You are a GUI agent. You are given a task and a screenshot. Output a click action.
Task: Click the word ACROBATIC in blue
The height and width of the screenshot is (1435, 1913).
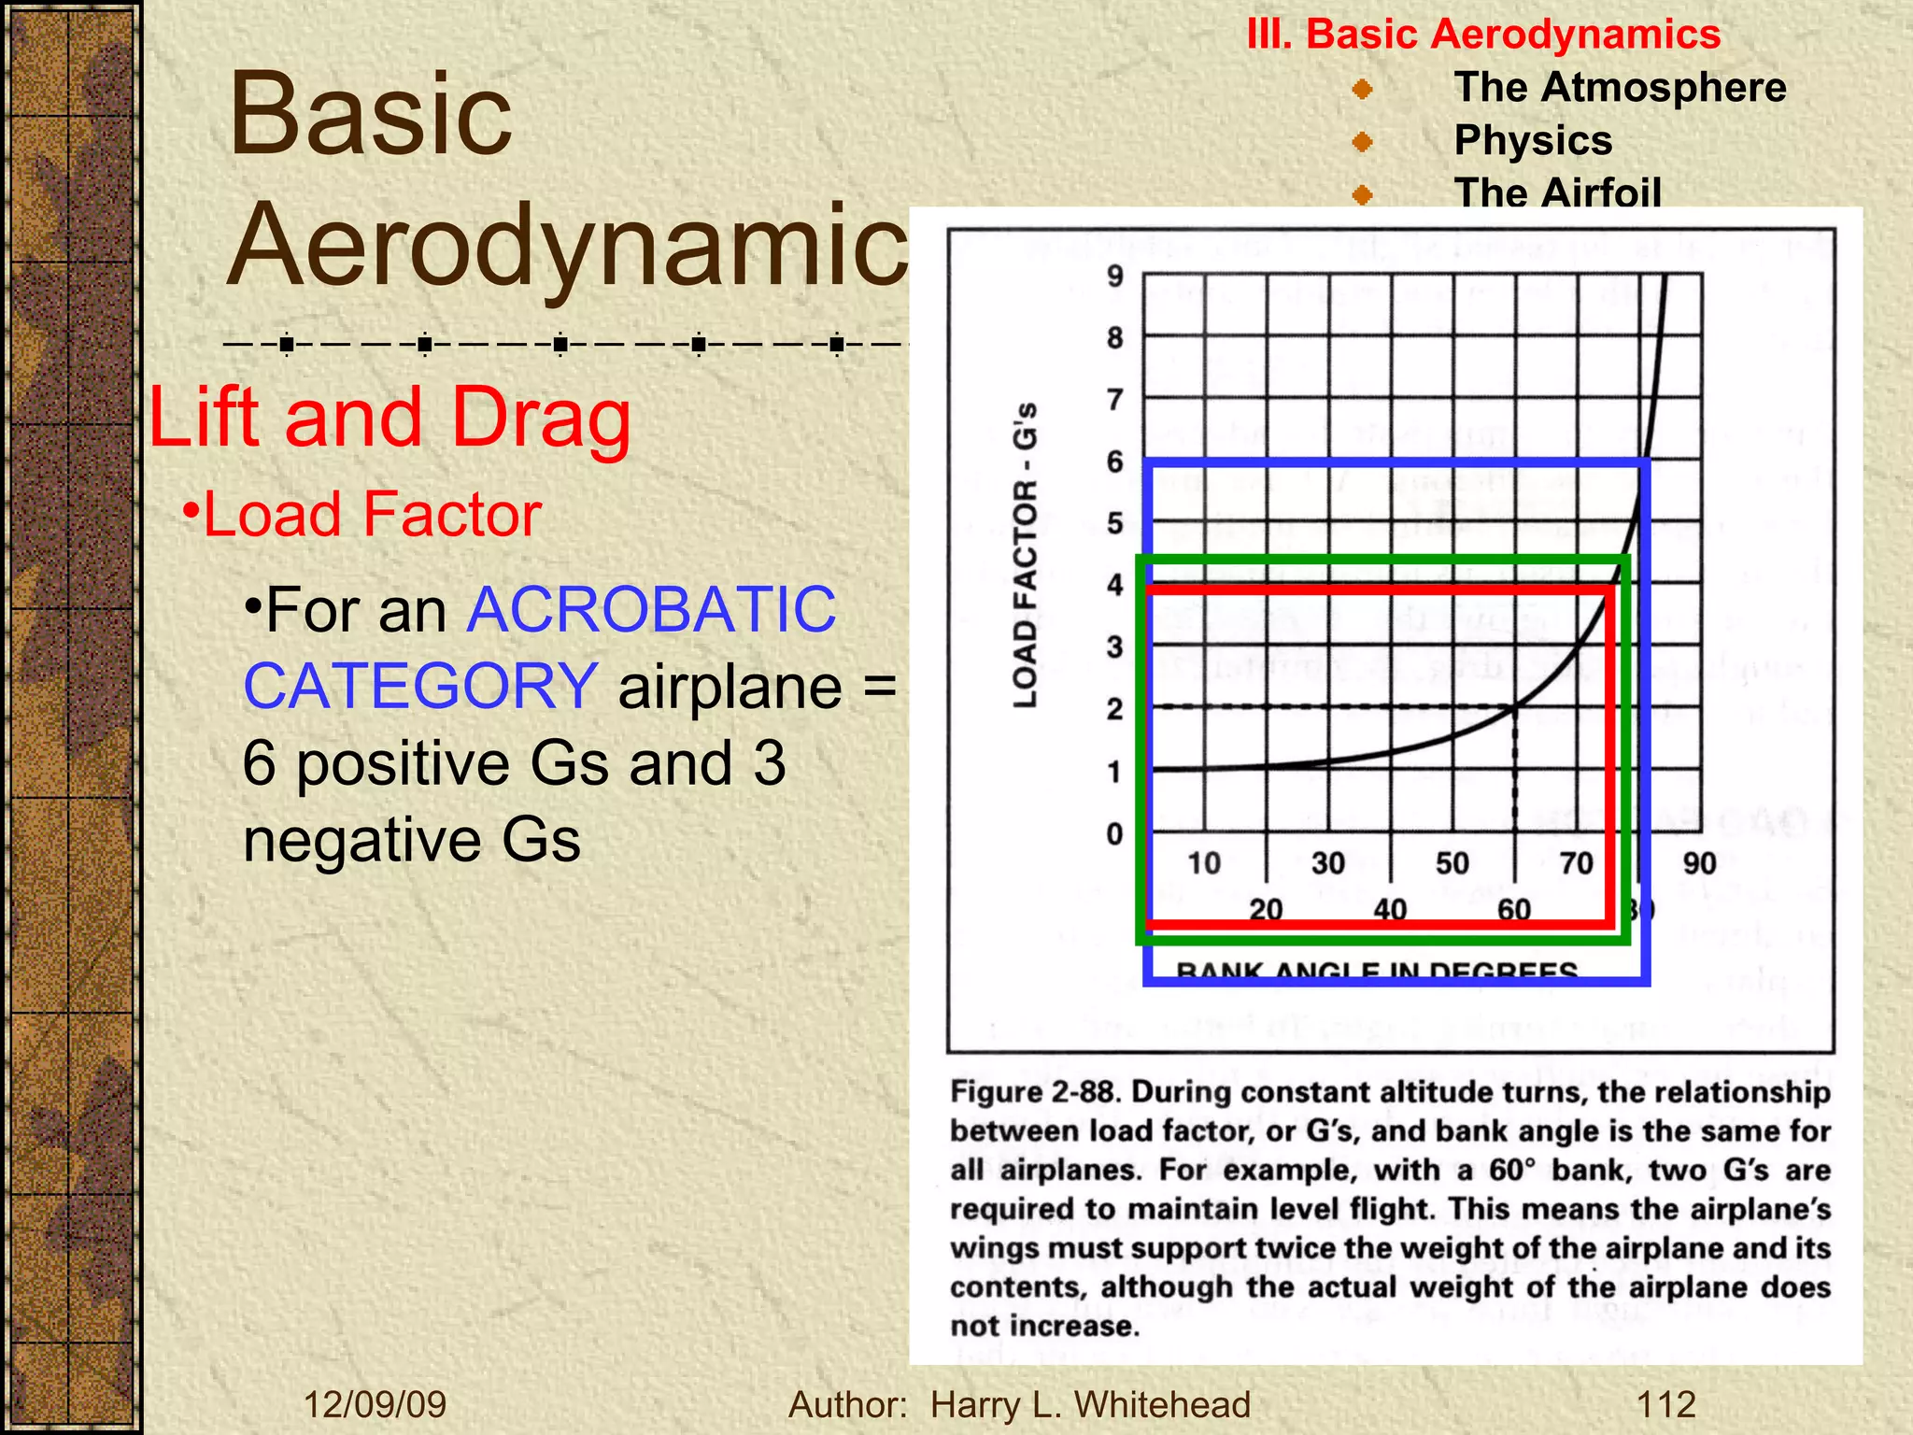point(651,610)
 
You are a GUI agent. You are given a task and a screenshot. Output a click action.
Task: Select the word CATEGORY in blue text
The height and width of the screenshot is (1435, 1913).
point(420,687)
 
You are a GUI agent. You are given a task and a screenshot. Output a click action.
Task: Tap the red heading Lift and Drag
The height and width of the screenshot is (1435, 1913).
point(390,418)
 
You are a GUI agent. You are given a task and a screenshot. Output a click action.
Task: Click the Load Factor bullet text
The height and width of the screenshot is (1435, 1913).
point(372,515)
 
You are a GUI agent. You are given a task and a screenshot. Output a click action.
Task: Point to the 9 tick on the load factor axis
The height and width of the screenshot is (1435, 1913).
point(1114,277)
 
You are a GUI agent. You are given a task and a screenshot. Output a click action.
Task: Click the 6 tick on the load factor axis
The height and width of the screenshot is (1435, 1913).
point(1114,462)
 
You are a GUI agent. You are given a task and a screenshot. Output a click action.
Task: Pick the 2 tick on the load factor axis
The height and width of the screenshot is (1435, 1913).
point(1114,709)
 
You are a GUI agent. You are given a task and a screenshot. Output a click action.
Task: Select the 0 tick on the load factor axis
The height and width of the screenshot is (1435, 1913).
point(1114,833)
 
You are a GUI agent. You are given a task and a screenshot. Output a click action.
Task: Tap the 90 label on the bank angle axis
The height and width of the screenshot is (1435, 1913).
point(1699,863)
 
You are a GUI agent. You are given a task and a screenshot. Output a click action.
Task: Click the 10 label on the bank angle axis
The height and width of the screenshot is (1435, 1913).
point(1204,863)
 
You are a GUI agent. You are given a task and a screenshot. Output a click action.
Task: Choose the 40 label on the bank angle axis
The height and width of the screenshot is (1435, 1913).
point(1390,909)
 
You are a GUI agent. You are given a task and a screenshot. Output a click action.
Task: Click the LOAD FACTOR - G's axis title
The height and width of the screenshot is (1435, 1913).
point(1026,555)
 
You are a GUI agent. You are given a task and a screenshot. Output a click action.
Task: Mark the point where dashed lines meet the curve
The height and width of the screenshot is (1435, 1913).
point(1514,707)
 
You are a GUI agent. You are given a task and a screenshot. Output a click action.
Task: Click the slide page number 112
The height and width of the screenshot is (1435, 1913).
point(1665,1404)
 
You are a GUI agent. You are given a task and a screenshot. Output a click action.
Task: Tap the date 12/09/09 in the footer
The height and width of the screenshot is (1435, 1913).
point(375,1404)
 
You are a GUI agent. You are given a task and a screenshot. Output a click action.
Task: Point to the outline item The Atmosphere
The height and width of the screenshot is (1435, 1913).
point(1620,88)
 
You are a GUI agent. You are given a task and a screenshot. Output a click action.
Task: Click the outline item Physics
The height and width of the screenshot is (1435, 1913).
point(1533,141)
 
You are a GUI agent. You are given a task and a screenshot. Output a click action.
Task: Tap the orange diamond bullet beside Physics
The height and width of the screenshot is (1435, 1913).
point(1363,142)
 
